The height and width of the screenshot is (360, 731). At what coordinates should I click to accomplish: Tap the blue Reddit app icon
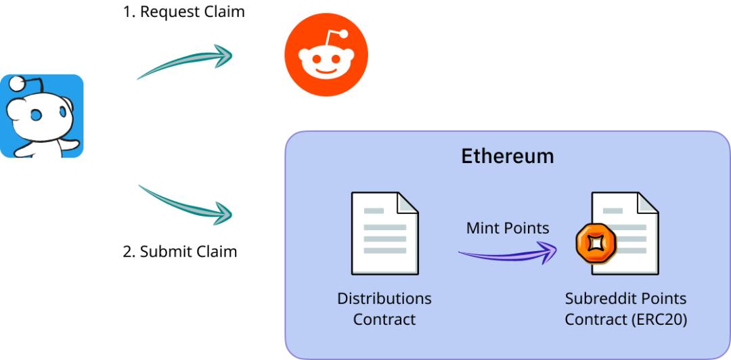(x=42, y=116)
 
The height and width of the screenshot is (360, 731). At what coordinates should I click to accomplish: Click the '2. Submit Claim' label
(x=180, y=252)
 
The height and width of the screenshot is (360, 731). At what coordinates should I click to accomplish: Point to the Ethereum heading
(x=507, y=156)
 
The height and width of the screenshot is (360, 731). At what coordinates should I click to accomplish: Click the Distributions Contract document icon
(x=384, y=233)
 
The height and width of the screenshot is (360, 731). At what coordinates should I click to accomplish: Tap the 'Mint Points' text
(x=508, y=229)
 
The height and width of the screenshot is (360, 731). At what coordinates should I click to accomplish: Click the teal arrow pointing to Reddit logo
(x=184, y=62)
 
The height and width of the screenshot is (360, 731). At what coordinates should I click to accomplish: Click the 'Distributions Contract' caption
(x=384, y=309)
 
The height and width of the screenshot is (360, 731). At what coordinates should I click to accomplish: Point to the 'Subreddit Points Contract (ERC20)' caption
(x=626, y=309)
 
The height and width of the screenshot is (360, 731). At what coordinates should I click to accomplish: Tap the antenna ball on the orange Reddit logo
(x=344, y=35)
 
